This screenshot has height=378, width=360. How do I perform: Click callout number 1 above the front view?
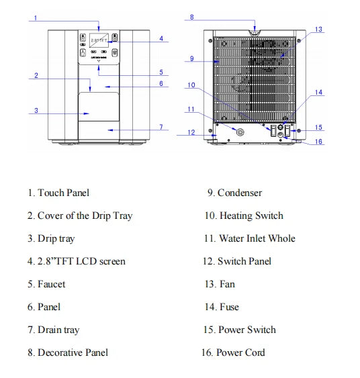[36, 18]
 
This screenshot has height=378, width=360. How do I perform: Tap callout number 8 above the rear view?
[191, 17]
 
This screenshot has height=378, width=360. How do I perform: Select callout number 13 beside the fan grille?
[318, 30]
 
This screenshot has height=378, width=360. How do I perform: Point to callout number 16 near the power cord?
[318, 142]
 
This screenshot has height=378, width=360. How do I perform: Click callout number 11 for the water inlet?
[191, 109]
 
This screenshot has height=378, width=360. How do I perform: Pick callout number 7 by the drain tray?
[161, 127]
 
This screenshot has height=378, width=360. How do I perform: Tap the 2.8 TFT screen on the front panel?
[99, 40]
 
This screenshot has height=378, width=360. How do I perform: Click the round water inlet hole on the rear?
[240, 132]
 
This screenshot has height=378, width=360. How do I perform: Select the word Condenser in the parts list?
[240, 193]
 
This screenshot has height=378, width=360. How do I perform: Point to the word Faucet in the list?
[51, 284]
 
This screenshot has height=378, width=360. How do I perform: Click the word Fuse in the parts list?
[229, 307]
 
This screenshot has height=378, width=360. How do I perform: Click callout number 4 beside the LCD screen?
[161, 38]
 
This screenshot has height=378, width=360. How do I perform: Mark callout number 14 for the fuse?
[318, 93]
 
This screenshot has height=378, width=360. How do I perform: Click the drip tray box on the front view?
[99, 107]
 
